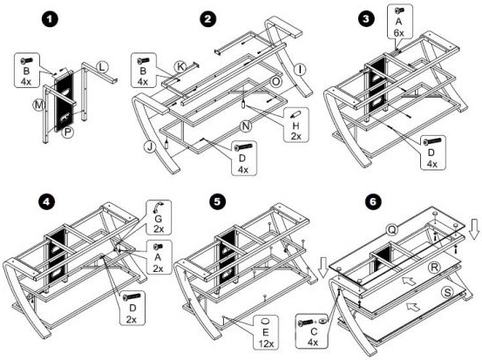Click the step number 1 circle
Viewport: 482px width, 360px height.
pyautogui.click(x=50, y=20)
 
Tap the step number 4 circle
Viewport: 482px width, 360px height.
pyautogui.click(x=47, y=201)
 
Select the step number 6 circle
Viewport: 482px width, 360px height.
pyautogui.click(x=373, y=201)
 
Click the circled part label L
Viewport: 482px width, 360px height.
pyautogui.click(x=102, y=67)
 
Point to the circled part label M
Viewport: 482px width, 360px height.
pyautogui.click(x=38, y=105)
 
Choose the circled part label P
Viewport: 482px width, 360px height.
pyautogui.click(x=68, y=132)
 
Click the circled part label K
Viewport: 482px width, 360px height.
pyautogui.click(x=180, y=67)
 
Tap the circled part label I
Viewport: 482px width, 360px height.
pyautogui.click(x=300, y=70)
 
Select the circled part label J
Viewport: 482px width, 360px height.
pyautogui.click(x=150, y=147)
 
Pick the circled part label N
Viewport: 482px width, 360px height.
pyautogui.click(x=245, y=126)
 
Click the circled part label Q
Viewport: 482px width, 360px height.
pyautogui.click(x=392, y=229)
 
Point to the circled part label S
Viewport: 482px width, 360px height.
pyautogui.click(x=447, y=292)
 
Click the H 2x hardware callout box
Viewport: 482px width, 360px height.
pyautogui.click(x=296, y=125)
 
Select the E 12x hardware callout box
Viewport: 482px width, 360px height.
pyautogui.click(x=266, y=332)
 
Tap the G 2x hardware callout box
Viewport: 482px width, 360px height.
pyautogui.click(x=159, y=217)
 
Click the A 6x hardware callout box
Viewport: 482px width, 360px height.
pyautogui.click(x=399, y=22)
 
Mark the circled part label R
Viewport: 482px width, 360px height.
pyautogui.click(x=434, y=268)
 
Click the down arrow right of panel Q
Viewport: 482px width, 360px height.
pyautogui.click(x=475, y=229)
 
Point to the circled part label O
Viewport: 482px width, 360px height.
pyautogui.click(x=276, y=82)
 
